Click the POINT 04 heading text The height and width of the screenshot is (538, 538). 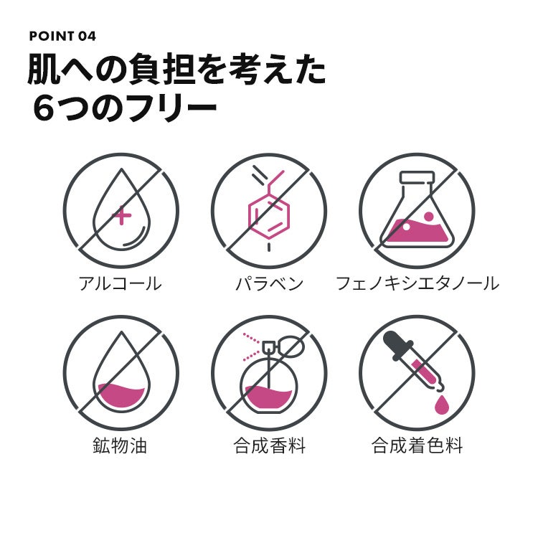point(62,36)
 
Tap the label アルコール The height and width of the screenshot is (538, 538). point(121,284)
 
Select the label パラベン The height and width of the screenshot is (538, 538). point(269,284)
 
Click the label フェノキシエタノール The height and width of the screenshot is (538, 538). point(417,284)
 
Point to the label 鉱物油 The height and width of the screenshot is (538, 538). point(120,445)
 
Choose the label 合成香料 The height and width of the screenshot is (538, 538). point(269,445)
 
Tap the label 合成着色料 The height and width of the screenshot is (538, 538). point(417,445)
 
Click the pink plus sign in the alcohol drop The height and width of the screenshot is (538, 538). point(121,215)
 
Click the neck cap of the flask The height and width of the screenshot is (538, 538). point(417,176)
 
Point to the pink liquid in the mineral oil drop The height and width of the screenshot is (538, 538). point(121,395)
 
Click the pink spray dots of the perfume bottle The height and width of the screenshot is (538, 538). point(251,346)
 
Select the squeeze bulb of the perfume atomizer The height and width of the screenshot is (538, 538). point(292,346)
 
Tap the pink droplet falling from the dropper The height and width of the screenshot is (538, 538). point(442,405)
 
